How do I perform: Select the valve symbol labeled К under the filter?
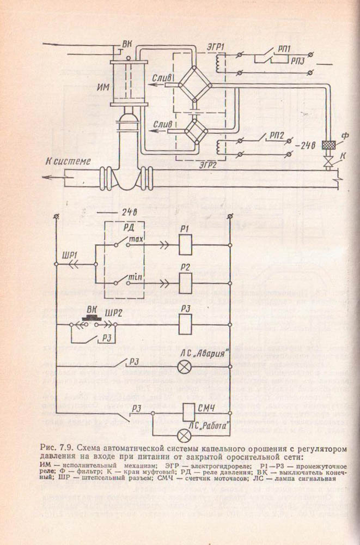click(x=328, y=162)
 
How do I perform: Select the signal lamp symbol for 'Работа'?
click(x=185, y=434)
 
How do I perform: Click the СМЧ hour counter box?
click(x=186, y=413)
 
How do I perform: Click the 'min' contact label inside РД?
click(x=133, y=278)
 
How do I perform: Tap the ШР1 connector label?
click(x=70, y=255)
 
